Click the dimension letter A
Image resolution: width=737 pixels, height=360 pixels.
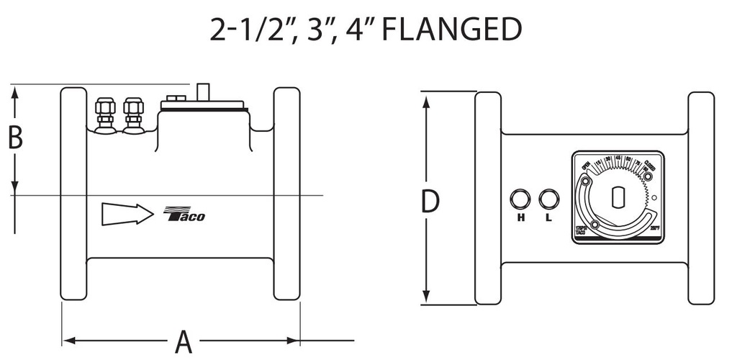pos(184,341)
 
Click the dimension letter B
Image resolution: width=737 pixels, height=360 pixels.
pos(15,138)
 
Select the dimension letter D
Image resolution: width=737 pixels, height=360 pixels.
pos(430,203)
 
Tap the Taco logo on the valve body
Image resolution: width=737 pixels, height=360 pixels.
pos(185,215)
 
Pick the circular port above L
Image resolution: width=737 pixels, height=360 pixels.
pos(548,198)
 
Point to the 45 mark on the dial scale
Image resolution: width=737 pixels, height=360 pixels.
pos(618,159)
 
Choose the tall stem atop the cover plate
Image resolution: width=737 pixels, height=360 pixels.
pos(202,92)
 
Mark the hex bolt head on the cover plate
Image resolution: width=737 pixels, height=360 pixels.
pos(173,99)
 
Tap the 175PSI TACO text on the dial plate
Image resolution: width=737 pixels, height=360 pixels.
pos(581,231)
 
